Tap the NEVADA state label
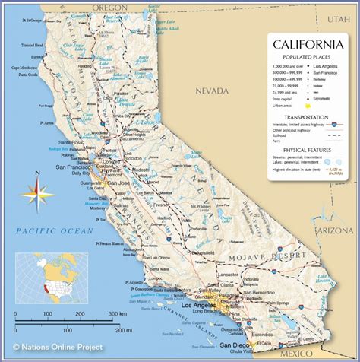[x=211, y=90]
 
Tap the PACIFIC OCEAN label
[x=56, y=230]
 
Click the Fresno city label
[x=160, y=205]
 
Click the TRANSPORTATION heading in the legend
[x=305, y=117]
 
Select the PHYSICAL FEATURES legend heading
[x=305, y=151]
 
